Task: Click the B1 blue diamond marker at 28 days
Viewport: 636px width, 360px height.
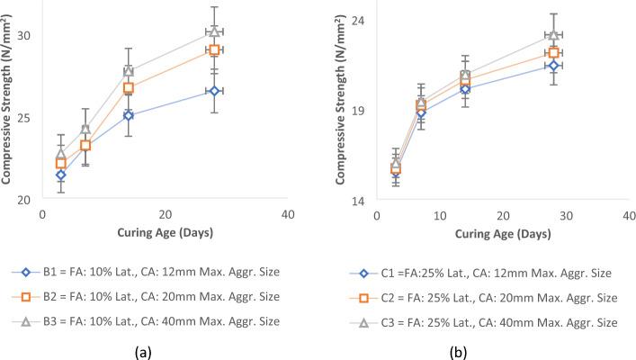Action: tap(214, 91)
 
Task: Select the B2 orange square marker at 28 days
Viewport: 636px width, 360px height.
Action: tap(214, 49)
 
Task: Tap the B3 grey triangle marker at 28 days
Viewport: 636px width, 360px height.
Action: tap(214, 31)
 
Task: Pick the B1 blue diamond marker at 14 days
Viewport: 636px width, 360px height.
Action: tap(129, 115)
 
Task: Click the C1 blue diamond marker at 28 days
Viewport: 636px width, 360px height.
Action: tap(554, 66)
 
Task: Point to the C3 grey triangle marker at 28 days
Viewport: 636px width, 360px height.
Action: tap(554, 35)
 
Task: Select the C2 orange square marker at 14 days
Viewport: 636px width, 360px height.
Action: tap(465, 81)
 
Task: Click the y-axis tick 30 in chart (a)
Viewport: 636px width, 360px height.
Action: tap(24, 36)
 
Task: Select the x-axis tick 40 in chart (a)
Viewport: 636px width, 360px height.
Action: tap(287, 216)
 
